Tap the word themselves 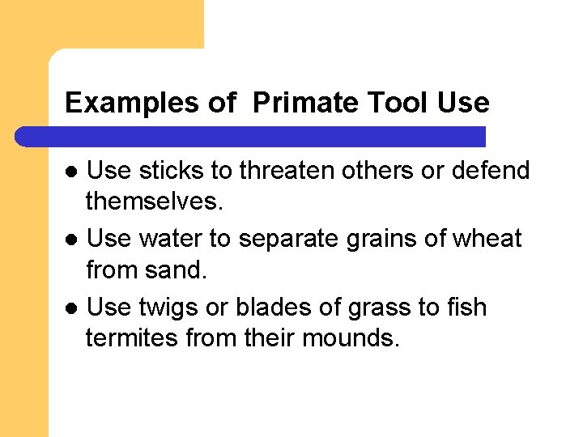[153, 200]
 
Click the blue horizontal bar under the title [251, 136]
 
